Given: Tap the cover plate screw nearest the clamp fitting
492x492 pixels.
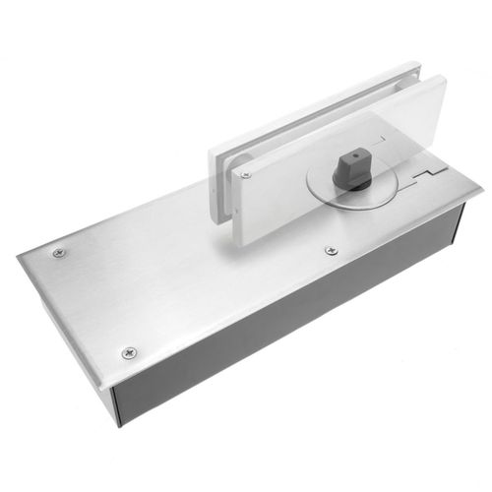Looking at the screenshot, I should [331, 250].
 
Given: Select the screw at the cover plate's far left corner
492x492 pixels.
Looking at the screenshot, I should [59, 253].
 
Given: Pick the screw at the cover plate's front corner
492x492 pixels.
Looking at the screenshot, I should [128, 351].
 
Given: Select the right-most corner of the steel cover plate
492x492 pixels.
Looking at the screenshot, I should [483, 186].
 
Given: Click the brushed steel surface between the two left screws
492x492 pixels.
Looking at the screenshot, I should [93, 300].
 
